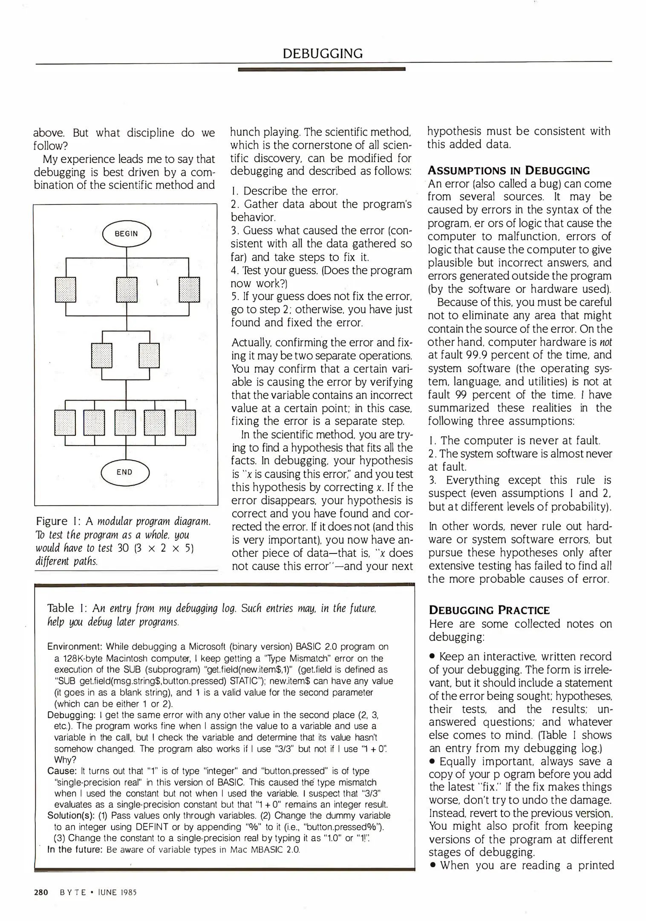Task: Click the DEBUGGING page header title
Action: tap(323, 53)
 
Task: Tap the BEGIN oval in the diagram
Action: tap(127, 234)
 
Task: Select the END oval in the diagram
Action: tap(124, 472)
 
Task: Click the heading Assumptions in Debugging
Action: tap(509, 171)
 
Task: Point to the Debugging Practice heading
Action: tap(489, 610)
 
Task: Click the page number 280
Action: tap(41, 892)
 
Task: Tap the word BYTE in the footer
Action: tap(73, 892)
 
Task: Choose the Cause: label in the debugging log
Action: tap(62, 771)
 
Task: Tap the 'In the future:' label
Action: tap(75, 849)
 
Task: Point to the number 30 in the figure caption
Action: tap(123, 548)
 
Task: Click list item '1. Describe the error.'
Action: tap(285, 191)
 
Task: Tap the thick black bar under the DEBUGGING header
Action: tap(321, 69)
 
